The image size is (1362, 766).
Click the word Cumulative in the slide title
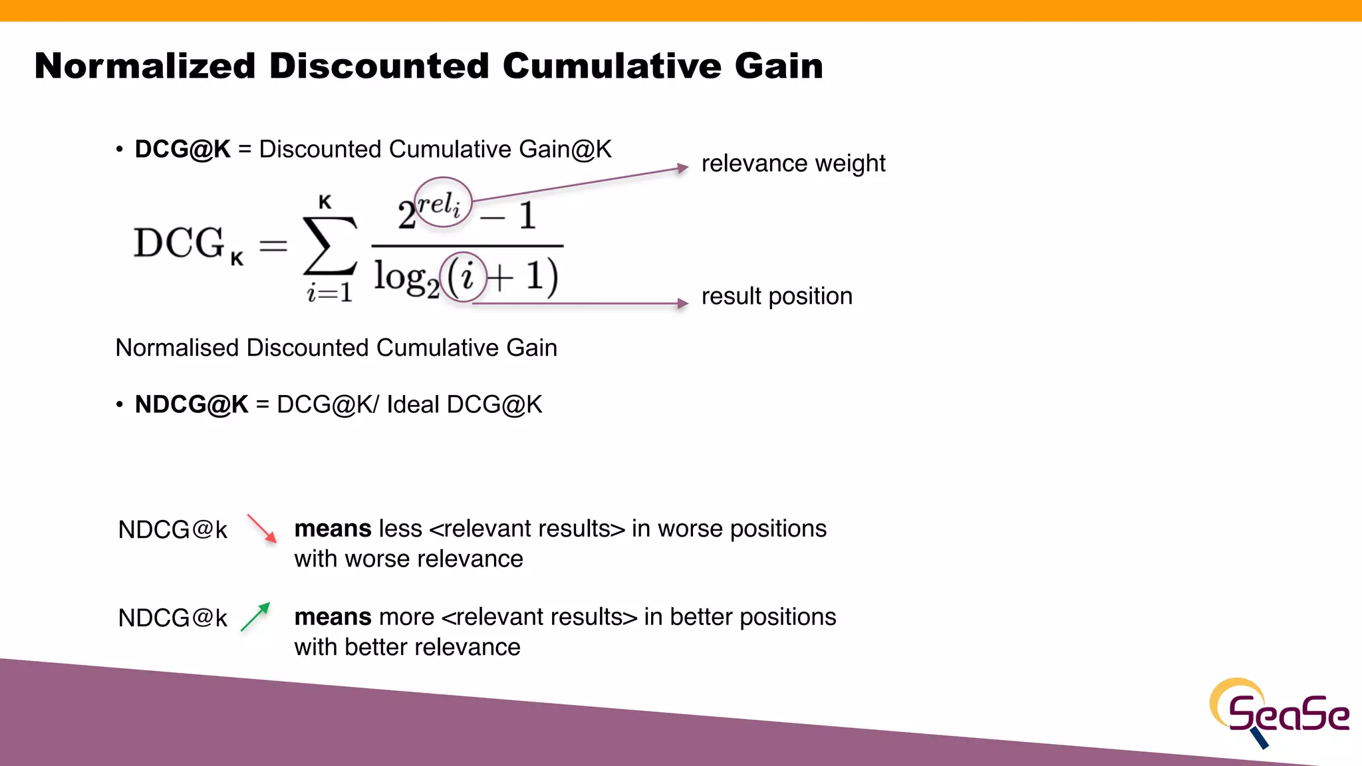(x=611, y=66)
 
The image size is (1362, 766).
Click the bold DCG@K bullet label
(x=182, y=150)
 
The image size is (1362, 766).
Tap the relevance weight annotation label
(x=793, y=164)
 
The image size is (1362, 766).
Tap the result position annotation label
(x=776, y=297)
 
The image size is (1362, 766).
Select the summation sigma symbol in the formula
(x=329, y=245)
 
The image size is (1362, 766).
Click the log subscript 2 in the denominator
(x=432, y=290)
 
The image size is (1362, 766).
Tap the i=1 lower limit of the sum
(x=329, y=293)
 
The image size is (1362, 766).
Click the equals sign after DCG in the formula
(x=273, y=246)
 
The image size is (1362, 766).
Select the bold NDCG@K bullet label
(x=191, y=405)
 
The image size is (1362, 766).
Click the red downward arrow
(x=262, y=529)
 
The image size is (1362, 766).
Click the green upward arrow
(x=255, y=616)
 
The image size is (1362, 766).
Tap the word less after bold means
(x=400, y=529)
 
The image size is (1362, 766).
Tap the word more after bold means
(x=406, y=618)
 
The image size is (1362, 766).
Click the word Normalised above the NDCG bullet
(x=177, y=348)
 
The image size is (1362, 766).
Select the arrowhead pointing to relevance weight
(x=682, y=168)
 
